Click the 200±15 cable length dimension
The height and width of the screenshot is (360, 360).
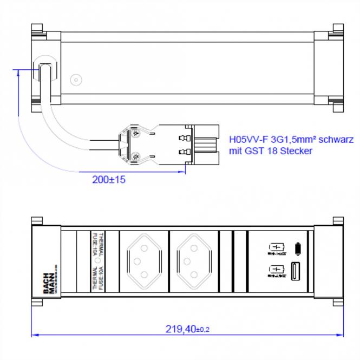pyautogui.click(x=109, y=180)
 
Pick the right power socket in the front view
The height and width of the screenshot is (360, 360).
pyautogui.click(x=193, y=261)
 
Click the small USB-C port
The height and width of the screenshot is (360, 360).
pyautogui.click(x=296, y=248)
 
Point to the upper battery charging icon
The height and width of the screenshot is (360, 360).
pyautogui.click(x=276, y=248)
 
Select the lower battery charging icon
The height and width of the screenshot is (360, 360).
pyautogui.click(x=276, y=270)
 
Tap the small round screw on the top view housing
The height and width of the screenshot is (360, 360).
pyautogui.click(x=77, y=80)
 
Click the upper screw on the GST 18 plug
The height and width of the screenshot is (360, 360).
pyautogui.click(x=135, y=131)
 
